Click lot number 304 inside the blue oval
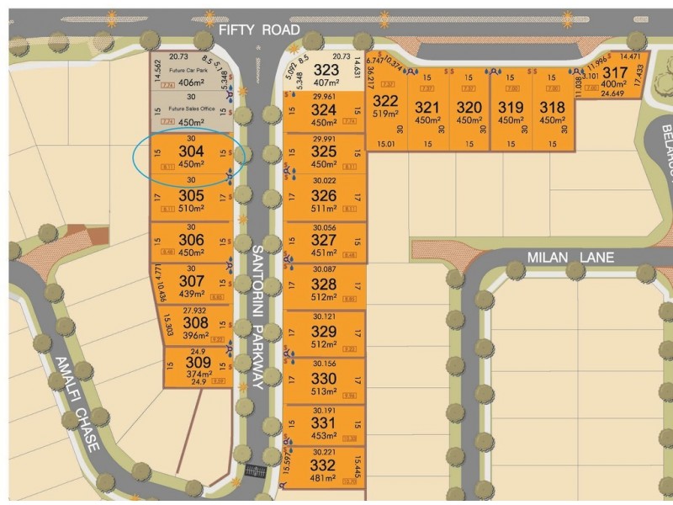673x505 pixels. coord(190,151)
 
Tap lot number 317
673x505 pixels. coord(615,73)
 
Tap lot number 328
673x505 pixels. coord(324,284)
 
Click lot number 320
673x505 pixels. coord(469,107)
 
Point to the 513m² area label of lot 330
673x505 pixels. coord(324,391)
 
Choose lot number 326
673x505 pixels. coord(324,195)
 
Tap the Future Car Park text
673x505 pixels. coord(187,71)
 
